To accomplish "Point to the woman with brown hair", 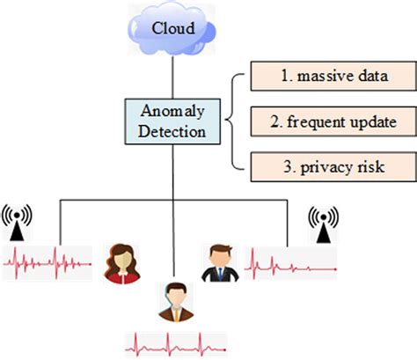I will pos(121,263).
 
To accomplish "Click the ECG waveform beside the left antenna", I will pos(48,260).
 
